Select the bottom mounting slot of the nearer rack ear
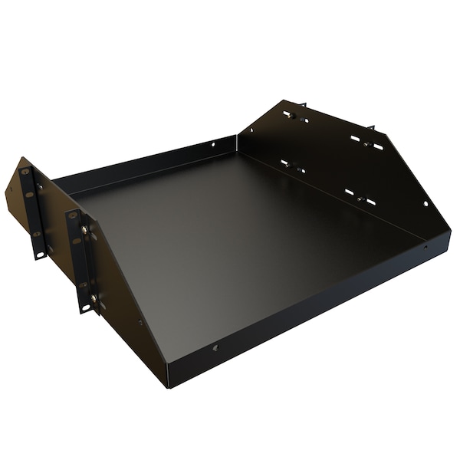point(86,307)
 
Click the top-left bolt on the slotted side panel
point(292,116)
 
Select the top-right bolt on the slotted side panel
point(366,143)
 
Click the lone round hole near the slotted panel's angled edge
point(426,204)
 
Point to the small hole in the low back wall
point(214,144)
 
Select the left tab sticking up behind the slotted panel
point(302,104)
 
